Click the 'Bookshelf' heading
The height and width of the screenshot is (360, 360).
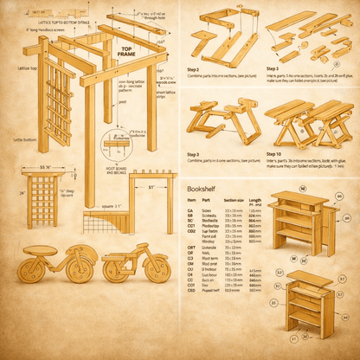202,188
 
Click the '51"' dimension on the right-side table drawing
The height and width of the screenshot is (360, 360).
152,186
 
